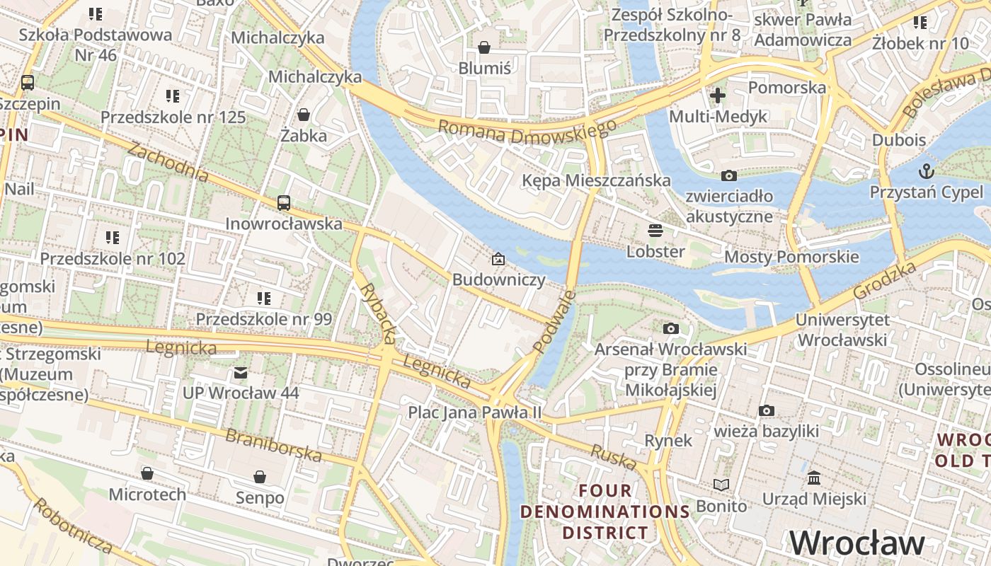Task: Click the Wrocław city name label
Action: pos(857,543)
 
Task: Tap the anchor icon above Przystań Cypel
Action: pos(926,171)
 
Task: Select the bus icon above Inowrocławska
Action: pos(284,203)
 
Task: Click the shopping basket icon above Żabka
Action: pos(304,115)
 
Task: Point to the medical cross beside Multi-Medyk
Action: pos(718,96)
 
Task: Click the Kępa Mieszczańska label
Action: pos(596,180)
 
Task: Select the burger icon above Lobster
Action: pos(655,231)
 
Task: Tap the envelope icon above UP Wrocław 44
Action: pos(241,372)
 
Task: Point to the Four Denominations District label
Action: pos(605,512)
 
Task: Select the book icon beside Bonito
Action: pos(721,485)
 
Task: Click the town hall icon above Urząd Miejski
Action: pos(814,478)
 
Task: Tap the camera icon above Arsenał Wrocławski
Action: pos(670,328)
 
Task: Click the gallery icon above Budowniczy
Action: pos(498,259)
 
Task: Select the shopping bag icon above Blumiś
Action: pos(484,47)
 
